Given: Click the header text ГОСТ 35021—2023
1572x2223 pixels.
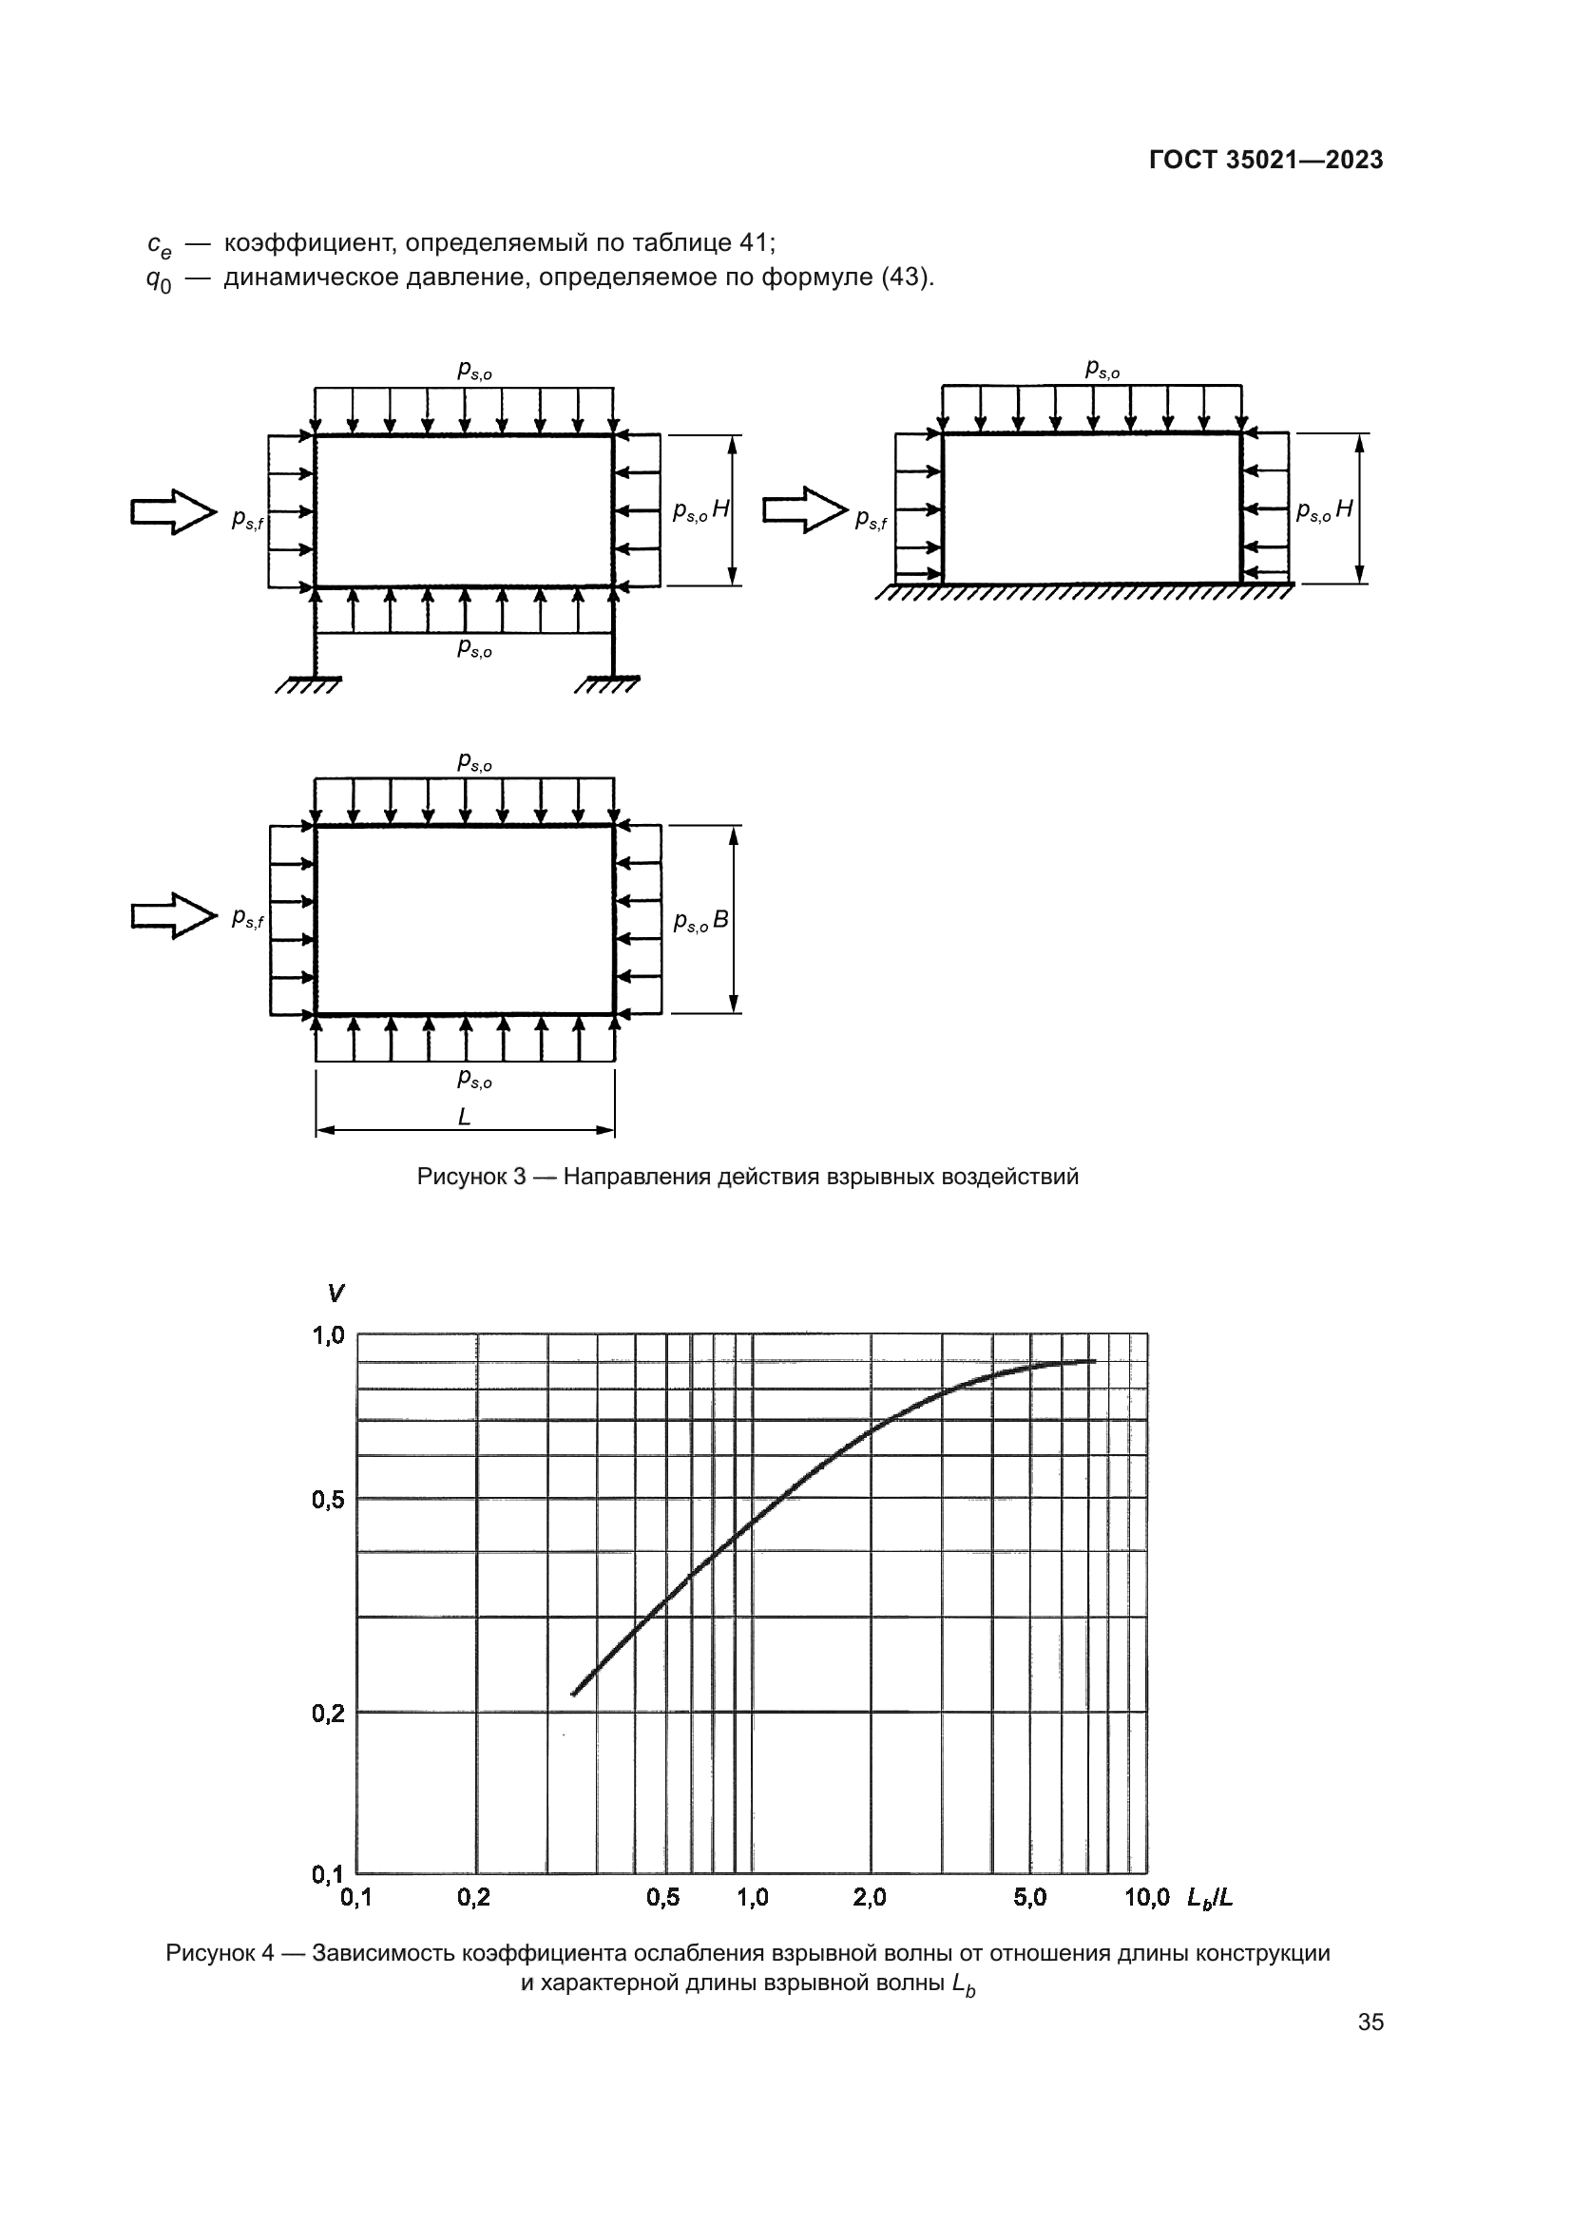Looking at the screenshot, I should [1265, 161].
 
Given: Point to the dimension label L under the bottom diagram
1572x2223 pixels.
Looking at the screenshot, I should [464, 1118].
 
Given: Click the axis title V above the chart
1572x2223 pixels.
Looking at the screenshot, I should [335, 1293].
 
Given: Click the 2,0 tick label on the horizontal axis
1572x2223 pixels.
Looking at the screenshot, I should [870, 1898].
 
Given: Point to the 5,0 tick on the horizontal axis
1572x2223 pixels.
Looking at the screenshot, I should [1030, 1898].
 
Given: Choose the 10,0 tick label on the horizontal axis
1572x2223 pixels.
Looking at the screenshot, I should [1146, 1898].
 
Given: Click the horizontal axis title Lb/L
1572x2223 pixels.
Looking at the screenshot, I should [1210, 1898].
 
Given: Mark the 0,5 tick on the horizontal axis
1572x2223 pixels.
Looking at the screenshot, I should [663, 1898].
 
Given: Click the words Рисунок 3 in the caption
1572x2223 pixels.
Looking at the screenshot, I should [470, 1177].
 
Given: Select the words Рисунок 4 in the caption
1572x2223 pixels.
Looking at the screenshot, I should [220, 1953].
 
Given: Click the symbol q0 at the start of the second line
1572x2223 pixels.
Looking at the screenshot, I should [158, 279].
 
